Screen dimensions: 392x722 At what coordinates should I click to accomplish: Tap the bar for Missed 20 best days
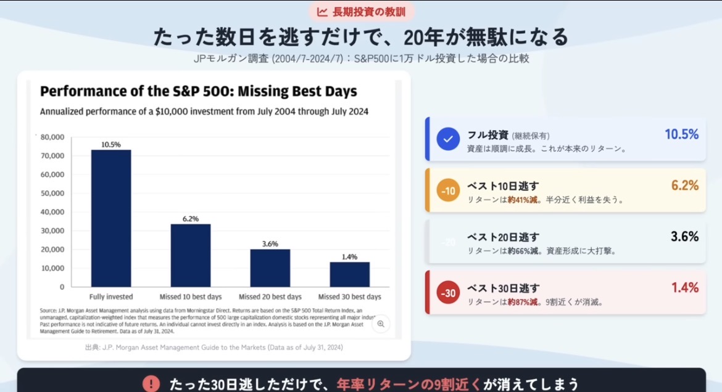pyautogui.click(x=270, y=267)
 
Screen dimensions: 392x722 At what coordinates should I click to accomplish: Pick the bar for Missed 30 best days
pyautogui.click(x=349, y=274)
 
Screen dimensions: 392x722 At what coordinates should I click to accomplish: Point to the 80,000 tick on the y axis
pyautogui.click(x=52, y=137)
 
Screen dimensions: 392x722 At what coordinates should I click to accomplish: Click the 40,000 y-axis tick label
pyautogui.click(x=52, y=212)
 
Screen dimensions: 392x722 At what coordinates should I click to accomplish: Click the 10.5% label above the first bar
pyautogui.click(x=111, y=144)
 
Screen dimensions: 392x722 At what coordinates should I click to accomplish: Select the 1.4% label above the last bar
pyautogui.click(x=349, y=256)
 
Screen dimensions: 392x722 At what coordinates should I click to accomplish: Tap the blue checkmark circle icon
pyautogui.click(x=449, y=139)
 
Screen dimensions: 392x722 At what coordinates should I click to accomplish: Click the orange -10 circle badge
pyautogui.click(x=449, y=191)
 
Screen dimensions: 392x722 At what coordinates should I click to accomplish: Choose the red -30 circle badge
pyautogui.click(x=449, y=293)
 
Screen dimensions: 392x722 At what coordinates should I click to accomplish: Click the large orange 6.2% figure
pyautogui.click(x=684, y=186)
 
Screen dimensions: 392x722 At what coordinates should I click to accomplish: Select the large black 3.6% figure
pyautogui.click(x=684, y=237)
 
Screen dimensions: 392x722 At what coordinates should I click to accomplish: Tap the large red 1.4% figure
pyautogui.click(x=684, y=288)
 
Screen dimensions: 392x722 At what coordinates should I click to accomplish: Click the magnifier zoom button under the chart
pyautogui.click(x=381, y=324)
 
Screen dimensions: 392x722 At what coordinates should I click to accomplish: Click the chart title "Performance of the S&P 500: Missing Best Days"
pyautogui.click(x=199, y=92)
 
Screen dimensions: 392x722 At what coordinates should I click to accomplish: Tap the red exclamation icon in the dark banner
pyautogui.click(x=151, y=384)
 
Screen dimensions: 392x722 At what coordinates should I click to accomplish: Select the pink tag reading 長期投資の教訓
pyautogui.click(x=361, y=12)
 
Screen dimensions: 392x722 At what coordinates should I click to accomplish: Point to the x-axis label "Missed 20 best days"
pyautogui.click(x=270, y=297)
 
